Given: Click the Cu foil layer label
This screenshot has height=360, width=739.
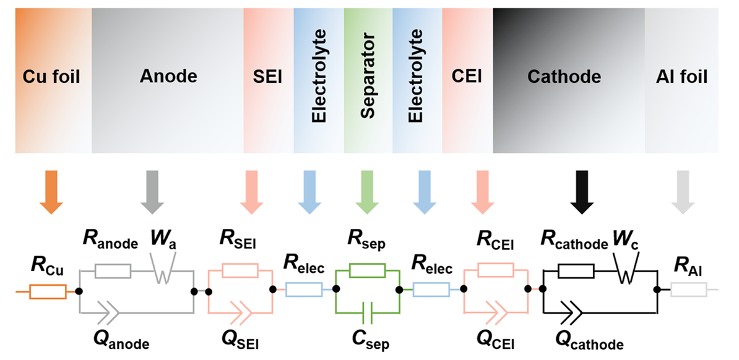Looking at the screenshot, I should (51, 77).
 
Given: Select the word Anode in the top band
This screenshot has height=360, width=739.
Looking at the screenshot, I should (168, 76).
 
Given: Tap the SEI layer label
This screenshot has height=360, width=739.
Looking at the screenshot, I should (268, 77).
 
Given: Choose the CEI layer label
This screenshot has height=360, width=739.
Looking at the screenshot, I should (467, 76).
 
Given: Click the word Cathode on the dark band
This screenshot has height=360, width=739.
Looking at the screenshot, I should (564, 77).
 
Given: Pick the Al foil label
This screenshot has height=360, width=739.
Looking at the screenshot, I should (681, 77).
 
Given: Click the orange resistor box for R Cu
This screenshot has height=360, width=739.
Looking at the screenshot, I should (48, 291).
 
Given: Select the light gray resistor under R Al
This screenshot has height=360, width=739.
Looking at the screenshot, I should (688, 289).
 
